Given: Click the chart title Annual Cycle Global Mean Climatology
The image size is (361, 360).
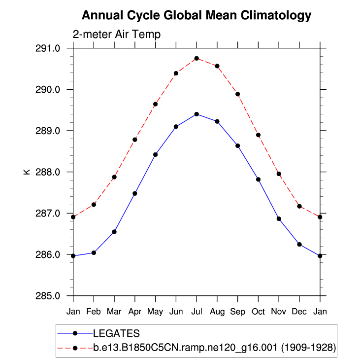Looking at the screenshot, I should (197, 15).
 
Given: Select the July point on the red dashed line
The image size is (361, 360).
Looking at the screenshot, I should (197, 58).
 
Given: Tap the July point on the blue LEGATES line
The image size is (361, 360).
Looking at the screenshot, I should (197, 114).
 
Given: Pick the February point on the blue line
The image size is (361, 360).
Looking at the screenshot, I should (94, 252).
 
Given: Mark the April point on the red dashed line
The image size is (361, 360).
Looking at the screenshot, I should (134, 140).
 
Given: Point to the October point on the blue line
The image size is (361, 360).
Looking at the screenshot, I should (258, 180).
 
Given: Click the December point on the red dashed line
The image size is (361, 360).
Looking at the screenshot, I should (299, 206).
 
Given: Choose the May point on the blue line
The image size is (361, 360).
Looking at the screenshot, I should (155, 154).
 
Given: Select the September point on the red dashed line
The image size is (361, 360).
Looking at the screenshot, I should (237, 94).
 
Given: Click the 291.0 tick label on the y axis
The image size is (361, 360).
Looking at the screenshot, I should (50, 48).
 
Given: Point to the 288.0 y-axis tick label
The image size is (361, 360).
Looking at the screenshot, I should (50, 172).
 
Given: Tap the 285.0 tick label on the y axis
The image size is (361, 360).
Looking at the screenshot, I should (50, 296).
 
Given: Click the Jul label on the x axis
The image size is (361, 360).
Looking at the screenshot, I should (197, 312).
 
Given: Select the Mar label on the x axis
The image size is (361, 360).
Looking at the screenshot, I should (114, 312).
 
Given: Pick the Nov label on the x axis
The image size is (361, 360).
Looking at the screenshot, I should (279, 312).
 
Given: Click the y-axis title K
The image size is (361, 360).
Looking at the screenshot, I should (27, 172).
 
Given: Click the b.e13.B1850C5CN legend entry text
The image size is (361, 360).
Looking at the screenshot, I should (215, 348).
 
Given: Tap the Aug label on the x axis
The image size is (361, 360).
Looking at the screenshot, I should (217, 312).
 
